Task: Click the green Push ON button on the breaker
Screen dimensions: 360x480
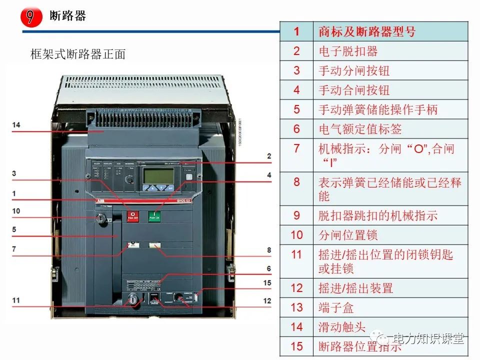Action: pyautogui.click(x=154, y=216)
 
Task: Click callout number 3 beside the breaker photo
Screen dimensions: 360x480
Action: pyautogui.click(x=14, y=173)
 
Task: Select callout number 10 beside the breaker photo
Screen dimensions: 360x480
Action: pyautogui.click(x=16, y=211)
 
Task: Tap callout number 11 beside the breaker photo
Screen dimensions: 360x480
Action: pyautogui.click(x=16, y=300)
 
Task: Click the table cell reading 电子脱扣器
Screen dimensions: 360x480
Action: pyautogui.click(x=348, y=51)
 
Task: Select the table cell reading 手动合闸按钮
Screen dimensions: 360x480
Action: pyautogui.click(x=354, y=90)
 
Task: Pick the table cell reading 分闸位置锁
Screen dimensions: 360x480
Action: pyautogui.click(x=348, y=234)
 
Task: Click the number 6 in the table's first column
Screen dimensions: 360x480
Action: pyautogui.click(x=296, y=129)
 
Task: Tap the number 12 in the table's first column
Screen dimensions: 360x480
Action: pyautogui.click(x=296, y=288)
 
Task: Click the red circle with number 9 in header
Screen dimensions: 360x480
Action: pyautogui.click(x=30, y=17)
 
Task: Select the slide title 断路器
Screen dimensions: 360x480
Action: pyautogui.click(x=68, y=16)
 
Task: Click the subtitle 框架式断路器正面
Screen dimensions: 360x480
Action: pyautogui.click(x=78, y=54)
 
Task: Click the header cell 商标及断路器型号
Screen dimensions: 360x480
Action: pyautogui.click(x=367, y=31)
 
